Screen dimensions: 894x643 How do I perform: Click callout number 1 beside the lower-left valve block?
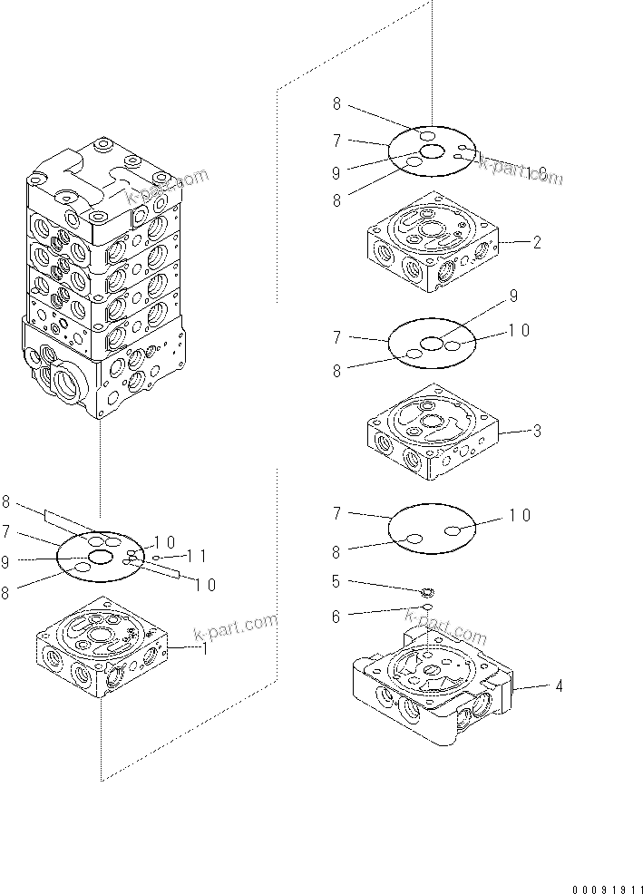(204, 648)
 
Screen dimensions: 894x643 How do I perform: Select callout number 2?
(537, 242)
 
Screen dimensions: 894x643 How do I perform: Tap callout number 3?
(537, 431)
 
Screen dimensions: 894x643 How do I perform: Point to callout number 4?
(559, 686)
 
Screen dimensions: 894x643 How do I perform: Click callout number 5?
(336, 581)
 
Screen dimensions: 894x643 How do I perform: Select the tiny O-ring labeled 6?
(425, 607)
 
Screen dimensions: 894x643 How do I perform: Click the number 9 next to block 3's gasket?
(513, 295)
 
